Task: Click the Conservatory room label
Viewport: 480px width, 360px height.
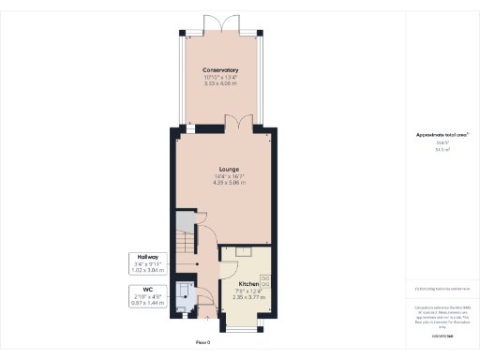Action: click(x=220, y=70)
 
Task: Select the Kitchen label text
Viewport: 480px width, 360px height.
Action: click(x=248, y=283)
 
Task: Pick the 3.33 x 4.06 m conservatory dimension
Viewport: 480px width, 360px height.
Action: click(x=220, y=84)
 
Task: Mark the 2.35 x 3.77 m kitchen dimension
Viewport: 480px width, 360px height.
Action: click(x=248, y=297)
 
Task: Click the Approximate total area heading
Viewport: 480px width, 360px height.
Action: click(x=436, y=135)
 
